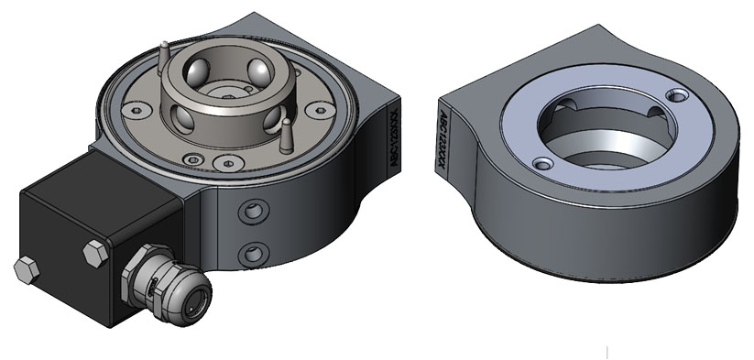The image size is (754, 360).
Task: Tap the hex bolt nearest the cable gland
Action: pyautogui.click(x=94, y=253)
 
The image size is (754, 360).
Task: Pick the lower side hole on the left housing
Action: pyautogui.click(x=250, y=252)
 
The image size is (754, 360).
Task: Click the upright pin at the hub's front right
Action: pyautogui.click(x=287, y=134)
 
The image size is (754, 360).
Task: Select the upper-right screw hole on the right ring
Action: pyautogui.click(x=677, y=94)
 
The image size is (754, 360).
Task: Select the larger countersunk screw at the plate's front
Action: pyautogui.click(x=228, y=163)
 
